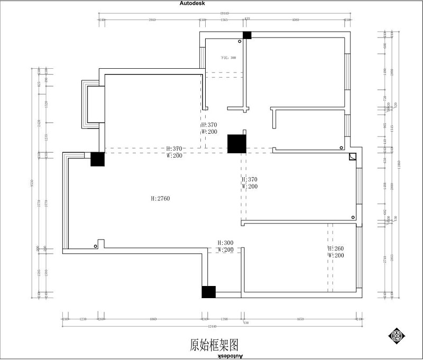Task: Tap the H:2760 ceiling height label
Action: pyautogui.click(x=160, y=199)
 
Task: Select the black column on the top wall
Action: pyautogui.click(x=247, y=35)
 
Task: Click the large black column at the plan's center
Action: pyautogui.click(x=236, y=144)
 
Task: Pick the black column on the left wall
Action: pyautogui.click(x=97, y=159)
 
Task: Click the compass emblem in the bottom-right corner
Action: pyautogui.click(x=397, y=336)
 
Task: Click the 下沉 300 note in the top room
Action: pyautogui.click(x=228, y=58)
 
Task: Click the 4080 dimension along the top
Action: pyautogui.click(x=296, y=20)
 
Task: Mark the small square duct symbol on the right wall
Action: pyautogui.click(x=352, y=157)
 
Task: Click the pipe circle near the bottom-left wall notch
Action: pyautogui.click(x=96, y=246)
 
